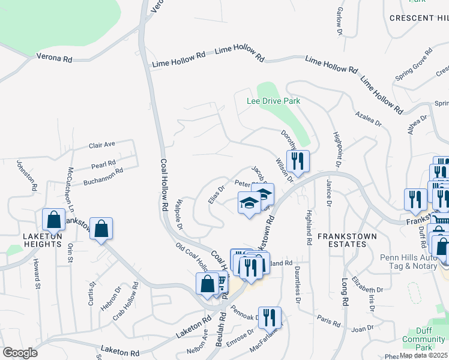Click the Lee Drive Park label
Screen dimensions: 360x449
pos(273,101)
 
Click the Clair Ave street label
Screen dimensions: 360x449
pos(101,145)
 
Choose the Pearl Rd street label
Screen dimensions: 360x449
pos(103,164)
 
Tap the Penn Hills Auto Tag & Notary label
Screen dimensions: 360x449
pos(411,262)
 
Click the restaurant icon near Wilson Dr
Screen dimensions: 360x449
pos(297,161)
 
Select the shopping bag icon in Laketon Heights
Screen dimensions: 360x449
pos(53,220)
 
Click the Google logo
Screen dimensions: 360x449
pos(20,353)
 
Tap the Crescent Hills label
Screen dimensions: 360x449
pos(418,18)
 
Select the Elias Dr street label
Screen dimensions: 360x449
pos(217,194)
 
